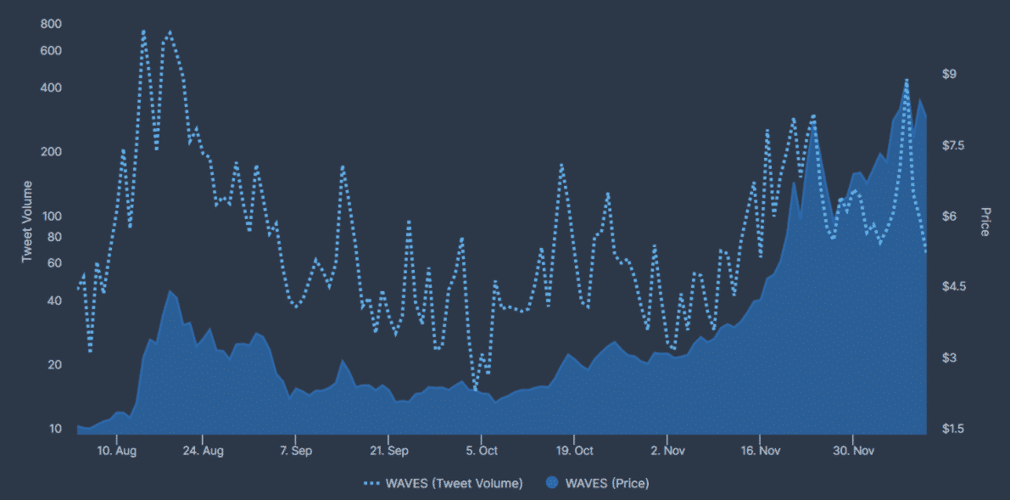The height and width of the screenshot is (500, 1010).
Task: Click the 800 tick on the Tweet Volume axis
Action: click(51, 25)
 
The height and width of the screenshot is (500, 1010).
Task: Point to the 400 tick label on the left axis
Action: click(51, 88)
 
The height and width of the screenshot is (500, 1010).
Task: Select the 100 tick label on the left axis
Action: click(51, 216)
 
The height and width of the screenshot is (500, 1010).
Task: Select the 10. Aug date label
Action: click(116, 450)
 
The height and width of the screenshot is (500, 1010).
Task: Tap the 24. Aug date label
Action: click(203, 450)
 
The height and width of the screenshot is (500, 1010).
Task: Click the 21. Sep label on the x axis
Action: click(388, 450)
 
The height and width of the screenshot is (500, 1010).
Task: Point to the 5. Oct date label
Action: click(482, 450)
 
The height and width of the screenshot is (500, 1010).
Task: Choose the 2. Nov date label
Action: click(667, 450)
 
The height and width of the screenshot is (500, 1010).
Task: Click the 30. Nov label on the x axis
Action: click(852, 450)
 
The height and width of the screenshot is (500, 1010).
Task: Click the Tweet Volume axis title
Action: click(27, 221)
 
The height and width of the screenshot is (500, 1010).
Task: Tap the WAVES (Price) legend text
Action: click(606, 483)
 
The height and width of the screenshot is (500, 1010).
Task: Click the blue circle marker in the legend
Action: click(552, 483)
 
